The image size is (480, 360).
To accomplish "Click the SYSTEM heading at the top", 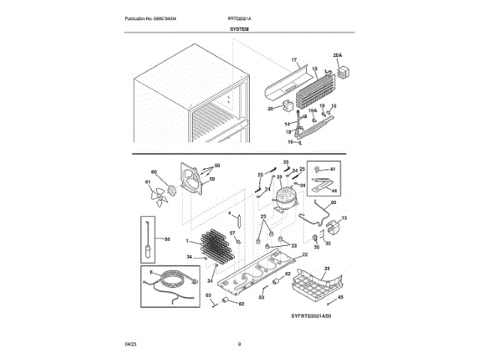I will [x=240, y=28].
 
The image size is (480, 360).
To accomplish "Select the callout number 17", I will [x=294, y=59].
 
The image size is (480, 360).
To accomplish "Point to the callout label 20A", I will [x=337, y=55].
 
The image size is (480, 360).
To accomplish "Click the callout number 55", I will [x=167, y=239].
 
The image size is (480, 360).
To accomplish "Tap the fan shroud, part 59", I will [x=187, y=181].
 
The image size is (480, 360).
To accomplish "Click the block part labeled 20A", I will [x=344, y=73].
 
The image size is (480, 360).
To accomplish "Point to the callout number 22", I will [x=304, y=254].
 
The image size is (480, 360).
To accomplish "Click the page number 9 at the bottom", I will [x=239, y=344].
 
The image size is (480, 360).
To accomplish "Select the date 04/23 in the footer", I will [x=130, y=344].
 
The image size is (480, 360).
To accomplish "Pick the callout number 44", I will [x=334, y=192].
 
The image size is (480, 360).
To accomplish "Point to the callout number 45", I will [x=341, y=298].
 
